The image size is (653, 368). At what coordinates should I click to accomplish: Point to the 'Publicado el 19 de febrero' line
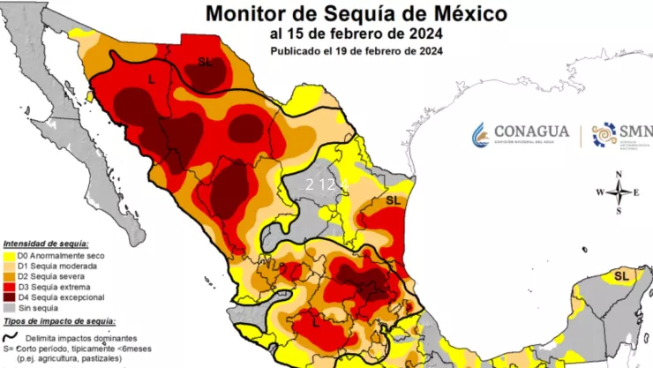[357, 50]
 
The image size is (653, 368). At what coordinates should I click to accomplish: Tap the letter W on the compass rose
[600, 192]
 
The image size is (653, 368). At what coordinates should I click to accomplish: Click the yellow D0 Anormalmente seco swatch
[10, 256]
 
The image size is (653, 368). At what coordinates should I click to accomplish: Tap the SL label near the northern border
[205, 61]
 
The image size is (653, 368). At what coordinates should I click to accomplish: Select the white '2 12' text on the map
[320, 184]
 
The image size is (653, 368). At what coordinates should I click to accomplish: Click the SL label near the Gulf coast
[393, 201]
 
